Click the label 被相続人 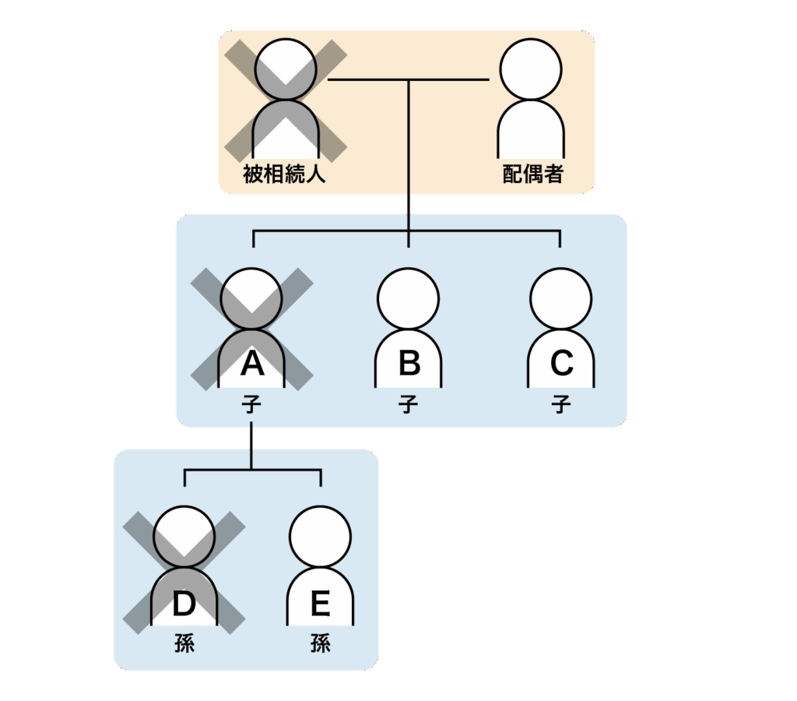click(283, 174)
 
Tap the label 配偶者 click(532, 174)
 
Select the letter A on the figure click(251, 364)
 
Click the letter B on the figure click(409, 364)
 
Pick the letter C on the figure click(561, 364)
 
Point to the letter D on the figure click(184, 604)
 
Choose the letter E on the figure click(320, 604)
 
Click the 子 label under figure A click(251, 405)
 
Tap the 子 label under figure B click(409, 405)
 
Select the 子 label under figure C click(561, 405)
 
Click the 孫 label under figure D click(184, 644)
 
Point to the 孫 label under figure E click(320, 644)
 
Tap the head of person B click(409, 298)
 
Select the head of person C click(561, 298)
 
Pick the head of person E click(320, 537)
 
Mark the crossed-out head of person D click(184, 537)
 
